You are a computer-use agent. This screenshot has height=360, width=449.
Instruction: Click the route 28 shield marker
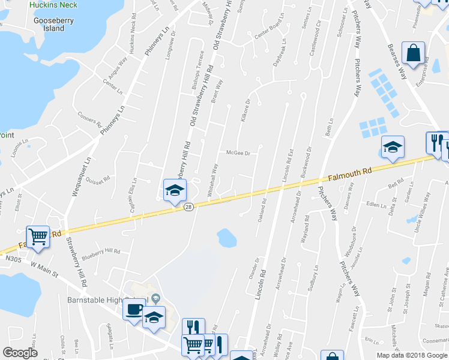188,207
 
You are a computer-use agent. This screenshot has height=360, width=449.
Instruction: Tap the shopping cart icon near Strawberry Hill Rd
38,236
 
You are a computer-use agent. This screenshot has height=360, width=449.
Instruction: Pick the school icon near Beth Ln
392,147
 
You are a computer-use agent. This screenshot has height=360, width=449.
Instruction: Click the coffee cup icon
133,309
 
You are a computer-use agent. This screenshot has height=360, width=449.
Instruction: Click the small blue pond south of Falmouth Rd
227,238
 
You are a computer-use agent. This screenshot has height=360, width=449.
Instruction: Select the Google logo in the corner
20,353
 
